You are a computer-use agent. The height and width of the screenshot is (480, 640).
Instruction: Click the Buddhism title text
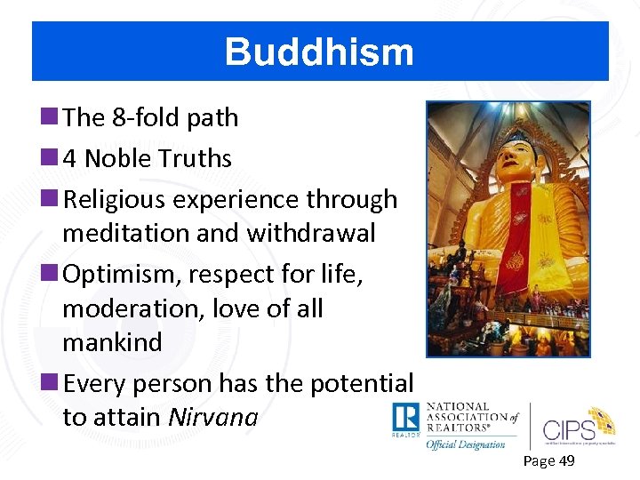tap(319, 52)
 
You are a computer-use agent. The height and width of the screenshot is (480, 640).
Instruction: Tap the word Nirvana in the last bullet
tap(213, 417)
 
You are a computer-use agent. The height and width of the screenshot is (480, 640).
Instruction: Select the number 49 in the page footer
tap(565, 460)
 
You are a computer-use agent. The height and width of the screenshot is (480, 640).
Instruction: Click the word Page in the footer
tap(539, 460)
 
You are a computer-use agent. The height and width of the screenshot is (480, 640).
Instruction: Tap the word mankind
tap(112, 342)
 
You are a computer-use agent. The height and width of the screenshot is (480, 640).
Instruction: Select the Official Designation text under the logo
tap(466, 444)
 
